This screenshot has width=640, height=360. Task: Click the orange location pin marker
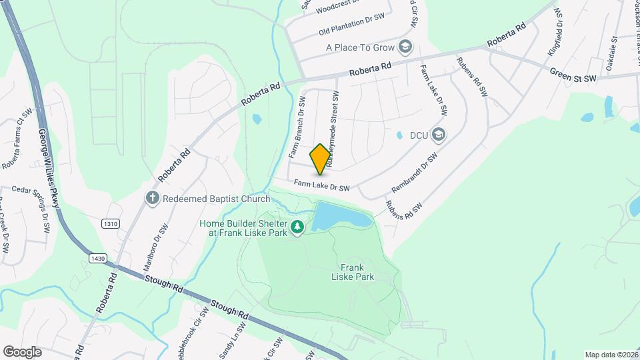(x=320, y=159)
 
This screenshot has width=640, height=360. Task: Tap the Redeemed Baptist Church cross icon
(x=153, y=198)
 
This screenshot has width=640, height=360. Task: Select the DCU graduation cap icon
(x=438, y=135)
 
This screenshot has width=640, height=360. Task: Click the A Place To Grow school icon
(x=405, y=47)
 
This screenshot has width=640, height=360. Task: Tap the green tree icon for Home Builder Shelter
(x=297, y=229)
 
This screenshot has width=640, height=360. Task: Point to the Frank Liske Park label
(x=353, y=271)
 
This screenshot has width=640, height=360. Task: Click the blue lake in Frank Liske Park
(x=340, y=216)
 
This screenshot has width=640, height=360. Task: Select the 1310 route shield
(x=110, y=224)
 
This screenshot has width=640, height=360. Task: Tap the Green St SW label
(x=573, y=75)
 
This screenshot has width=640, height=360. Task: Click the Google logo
(x=22, y=351)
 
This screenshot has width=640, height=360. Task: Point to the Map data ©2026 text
(x=611, y=355)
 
